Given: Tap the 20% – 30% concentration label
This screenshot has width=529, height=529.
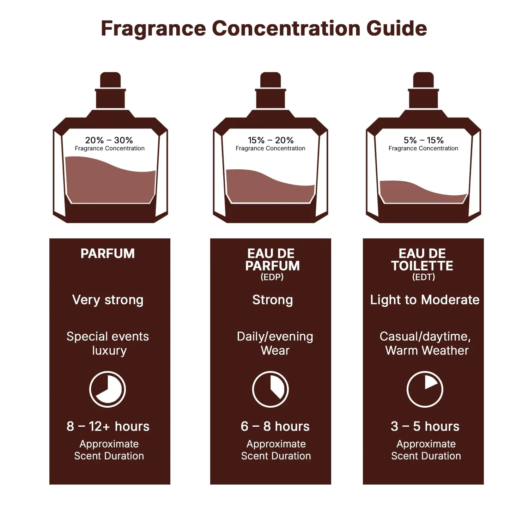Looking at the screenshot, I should (x=109, y=140).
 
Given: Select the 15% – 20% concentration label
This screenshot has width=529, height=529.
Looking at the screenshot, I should (x=270, y=140).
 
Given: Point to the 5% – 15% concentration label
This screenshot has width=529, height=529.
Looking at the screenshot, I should (x=424, y=140).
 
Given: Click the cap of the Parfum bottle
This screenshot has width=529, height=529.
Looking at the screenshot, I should (x=110, y=80).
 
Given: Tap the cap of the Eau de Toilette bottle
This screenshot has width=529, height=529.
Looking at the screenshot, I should (x=423, y=80).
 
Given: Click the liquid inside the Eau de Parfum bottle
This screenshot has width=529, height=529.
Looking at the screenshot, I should (x=268, y=187).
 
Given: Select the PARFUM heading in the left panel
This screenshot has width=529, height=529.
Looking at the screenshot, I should (x=108, y=254).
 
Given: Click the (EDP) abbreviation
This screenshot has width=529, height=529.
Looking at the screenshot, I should (x=272, y=277).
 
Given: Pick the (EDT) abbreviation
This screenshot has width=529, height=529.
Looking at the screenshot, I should (x=424, y=277).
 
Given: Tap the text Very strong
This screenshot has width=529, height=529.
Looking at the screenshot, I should (x=108, y=300).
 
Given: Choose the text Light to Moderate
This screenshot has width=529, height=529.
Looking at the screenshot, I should (x=425, y=300).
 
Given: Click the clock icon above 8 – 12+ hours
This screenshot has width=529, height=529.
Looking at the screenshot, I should (x=108, y=389).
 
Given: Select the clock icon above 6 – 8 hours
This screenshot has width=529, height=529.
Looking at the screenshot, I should (x=270, y=389).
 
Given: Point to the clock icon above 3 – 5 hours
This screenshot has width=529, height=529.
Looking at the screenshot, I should (x=425, y=389).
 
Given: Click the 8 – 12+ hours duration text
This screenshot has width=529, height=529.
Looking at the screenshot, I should (x=108, y=426).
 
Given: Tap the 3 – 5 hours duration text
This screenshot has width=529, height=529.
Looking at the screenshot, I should (x=425, y=426).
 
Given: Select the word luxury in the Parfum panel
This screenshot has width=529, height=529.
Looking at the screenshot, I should (x=109, y=351).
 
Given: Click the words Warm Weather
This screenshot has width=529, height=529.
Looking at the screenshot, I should (x=427, y=351).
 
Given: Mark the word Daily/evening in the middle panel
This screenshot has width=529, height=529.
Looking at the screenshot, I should (x=275, y=336).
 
